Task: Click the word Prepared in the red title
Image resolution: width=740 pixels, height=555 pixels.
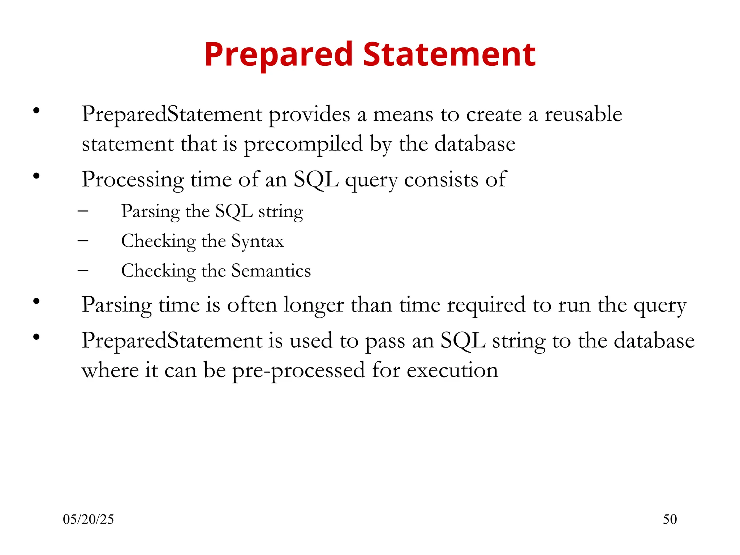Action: tap(279, 55)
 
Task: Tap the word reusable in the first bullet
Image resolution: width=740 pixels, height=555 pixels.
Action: tap(583, 114)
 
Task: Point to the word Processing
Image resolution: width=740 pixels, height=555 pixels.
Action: tap(133, 180)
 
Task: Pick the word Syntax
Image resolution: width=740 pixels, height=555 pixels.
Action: tap(257, 241)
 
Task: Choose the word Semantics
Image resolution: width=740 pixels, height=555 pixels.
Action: tap(271, 271)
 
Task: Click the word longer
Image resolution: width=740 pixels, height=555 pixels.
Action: tap(313, 305)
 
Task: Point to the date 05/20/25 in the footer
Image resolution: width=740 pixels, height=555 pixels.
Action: tap(88, 519)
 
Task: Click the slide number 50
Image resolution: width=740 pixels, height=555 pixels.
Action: tap(670, 519)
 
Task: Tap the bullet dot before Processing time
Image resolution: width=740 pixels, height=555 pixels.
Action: tap(36, 176)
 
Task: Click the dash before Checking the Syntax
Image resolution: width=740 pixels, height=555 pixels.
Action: tap(83, 240)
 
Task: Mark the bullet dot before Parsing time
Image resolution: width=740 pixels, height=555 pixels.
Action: tap(36, 301)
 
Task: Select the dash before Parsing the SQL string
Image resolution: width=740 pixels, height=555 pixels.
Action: tap(83, 210)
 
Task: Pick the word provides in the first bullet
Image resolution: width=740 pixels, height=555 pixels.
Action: tap(309, 115)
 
